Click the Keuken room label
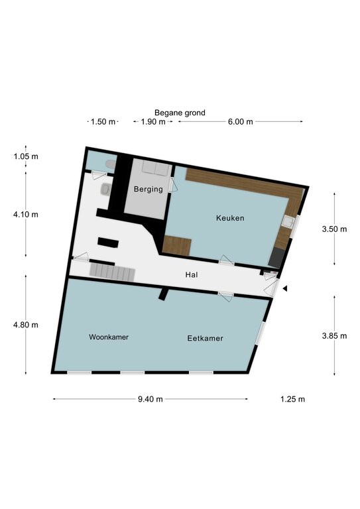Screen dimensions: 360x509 (x=230, y=218)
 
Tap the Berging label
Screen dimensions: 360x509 (x=149, y=190)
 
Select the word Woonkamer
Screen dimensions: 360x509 (x=109, y=337)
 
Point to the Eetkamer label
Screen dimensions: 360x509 (x=205, y=338)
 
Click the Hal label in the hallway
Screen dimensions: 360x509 (x=192, y=275)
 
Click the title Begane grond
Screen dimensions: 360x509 (x=180, y=113)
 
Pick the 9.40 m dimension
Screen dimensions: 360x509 (x=150, y=399)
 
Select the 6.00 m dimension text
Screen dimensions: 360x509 (x=240, y=122)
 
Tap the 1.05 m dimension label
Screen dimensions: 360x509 (x=26, y=156)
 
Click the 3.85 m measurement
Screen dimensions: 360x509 (x=334, y=336)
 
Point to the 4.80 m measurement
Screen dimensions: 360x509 (x=26, y=325)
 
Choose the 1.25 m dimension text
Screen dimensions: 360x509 (x=292, y=399)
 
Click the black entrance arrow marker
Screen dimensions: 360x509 (x=285, y=288)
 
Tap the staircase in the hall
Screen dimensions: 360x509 (x=112, y=272)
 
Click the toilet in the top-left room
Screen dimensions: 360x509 (x=111, y=164)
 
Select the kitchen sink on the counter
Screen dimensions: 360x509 (x=288, y=222)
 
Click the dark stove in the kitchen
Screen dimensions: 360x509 (x=276, y=258)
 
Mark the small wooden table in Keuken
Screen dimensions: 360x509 (x=176, y=246)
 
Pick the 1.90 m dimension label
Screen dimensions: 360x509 (x=153, y=122)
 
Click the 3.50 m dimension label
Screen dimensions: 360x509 (x=334, y=229)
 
